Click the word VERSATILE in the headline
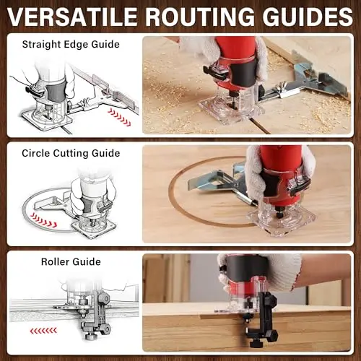click(x=72, y=17)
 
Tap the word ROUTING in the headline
click(x=199, y=17)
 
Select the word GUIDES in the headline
click(x=308, y=17)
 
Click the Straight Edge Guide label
click(x=71, y=45)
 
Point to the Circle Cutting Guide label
click(x=71, y=154)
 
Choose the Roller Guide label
click(x=71, y=262)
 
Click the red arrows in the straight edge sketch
click(x=119, y=118)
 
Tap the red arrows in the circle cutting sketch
click(x=44, y=220)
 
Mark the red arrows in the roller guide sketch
click(x=43, y=331)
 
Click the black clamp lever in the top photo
click(x=215, y=73)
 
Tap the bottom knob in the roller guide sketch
click(x=92, y=336)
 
